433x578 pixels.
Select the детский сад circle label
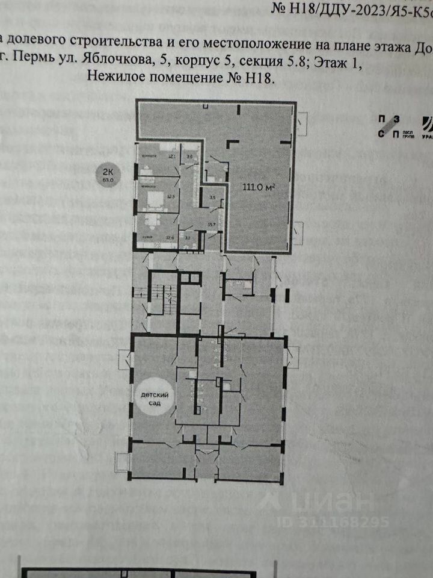(151, 399)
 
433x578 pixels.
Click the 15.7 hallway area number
(211, 224)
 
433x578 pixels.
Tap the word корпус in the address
(216, 61)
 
